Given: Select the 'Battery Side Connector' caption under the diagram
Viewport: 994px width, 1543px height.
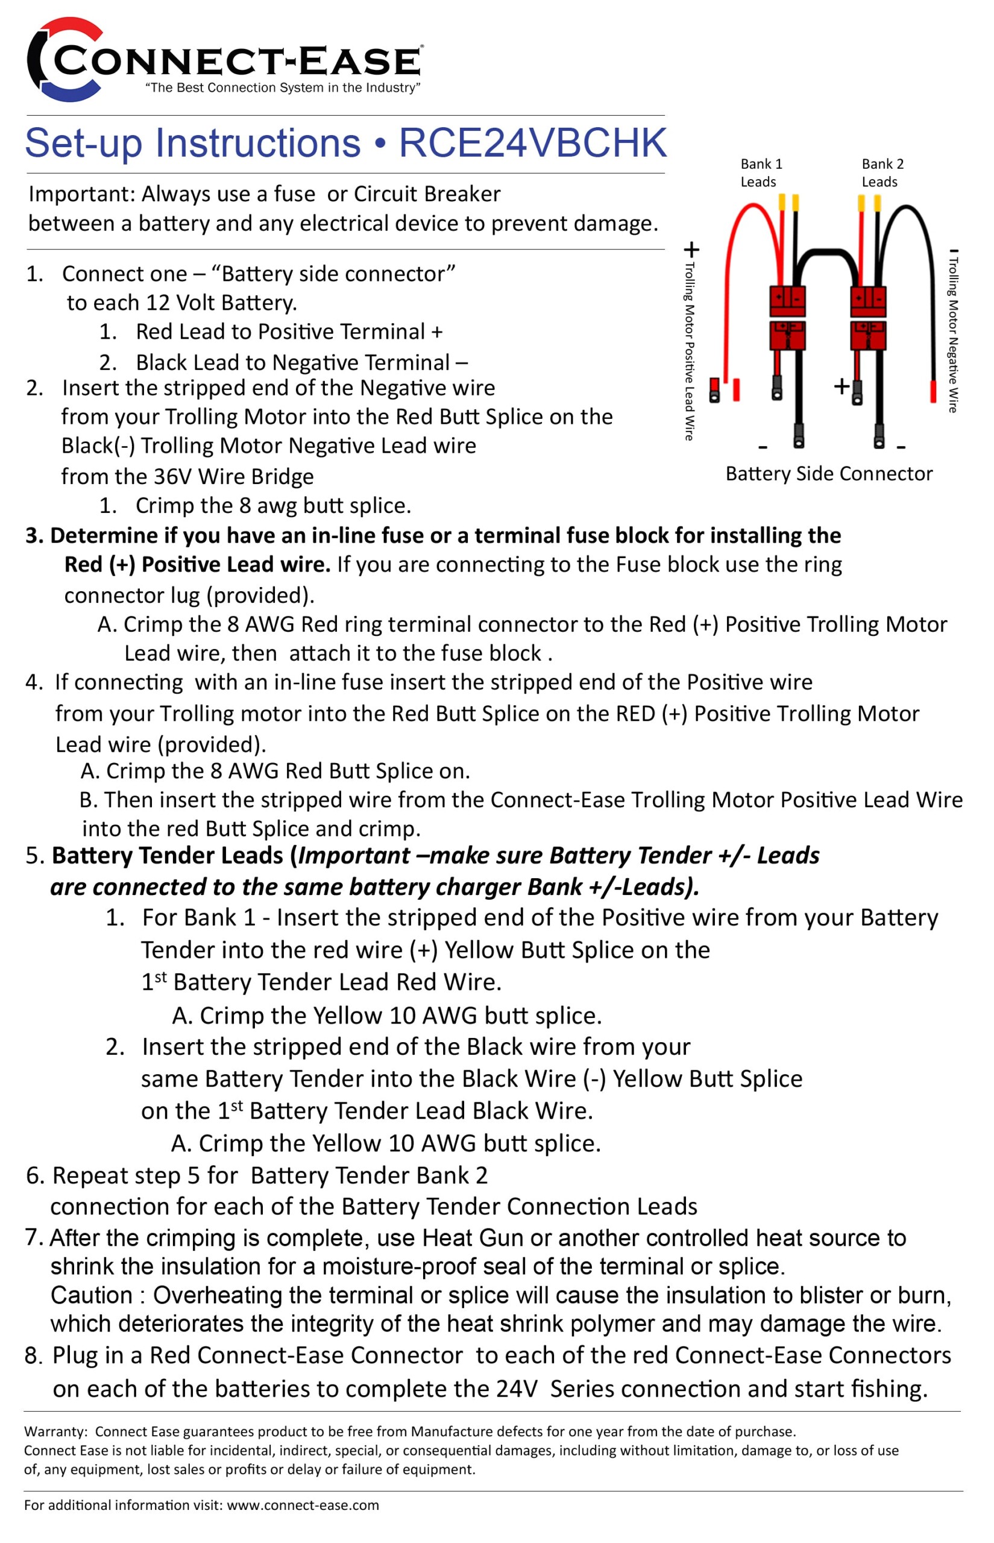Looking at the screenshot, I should click(x=829, y=474).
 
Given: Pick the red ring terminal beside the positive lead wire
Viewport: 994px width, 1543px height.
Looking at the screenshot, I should click(x=714, y=390).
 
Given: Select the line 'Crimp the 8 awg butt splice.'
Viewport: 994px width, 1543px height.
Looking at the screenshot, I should click(x=272, y=506).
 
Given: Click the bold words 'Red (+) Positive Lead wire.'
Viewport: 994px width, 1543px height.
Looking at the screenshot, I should click(x=197, y=565).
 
